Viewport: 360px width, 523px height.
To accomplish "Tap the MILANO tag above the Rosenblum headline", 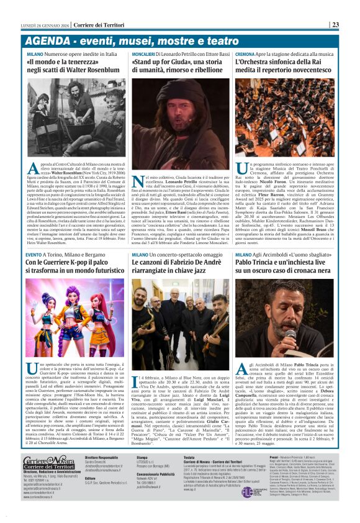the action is click(x=35, y=55).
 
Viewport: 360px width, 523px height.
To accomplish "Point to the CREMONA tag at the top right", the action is click(x=246, y=55).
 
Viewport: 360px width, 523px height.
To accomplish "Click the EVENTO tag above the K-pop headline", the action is click(x=34, y=255).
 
